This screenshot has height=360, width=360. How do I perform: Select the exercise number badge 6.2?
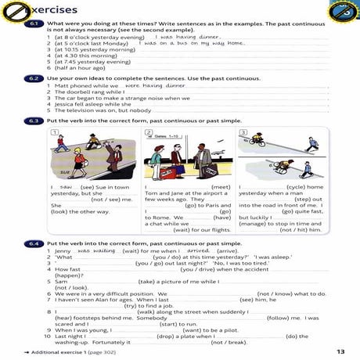(x=33, y=79)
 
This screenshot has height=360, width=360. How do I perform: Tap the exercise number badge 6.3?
(x=33, y=121)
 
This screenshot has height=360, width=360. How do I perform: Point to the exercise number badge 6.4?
(x=33, y=244)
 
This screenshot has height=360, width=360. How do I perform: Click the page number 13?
(x=340, y=351)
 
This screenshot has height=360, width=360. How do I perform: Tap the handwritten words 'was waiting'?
(x=99, y=250)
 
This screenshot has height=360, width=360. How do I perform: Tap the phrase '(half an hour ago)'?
(x=80, y=68)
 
